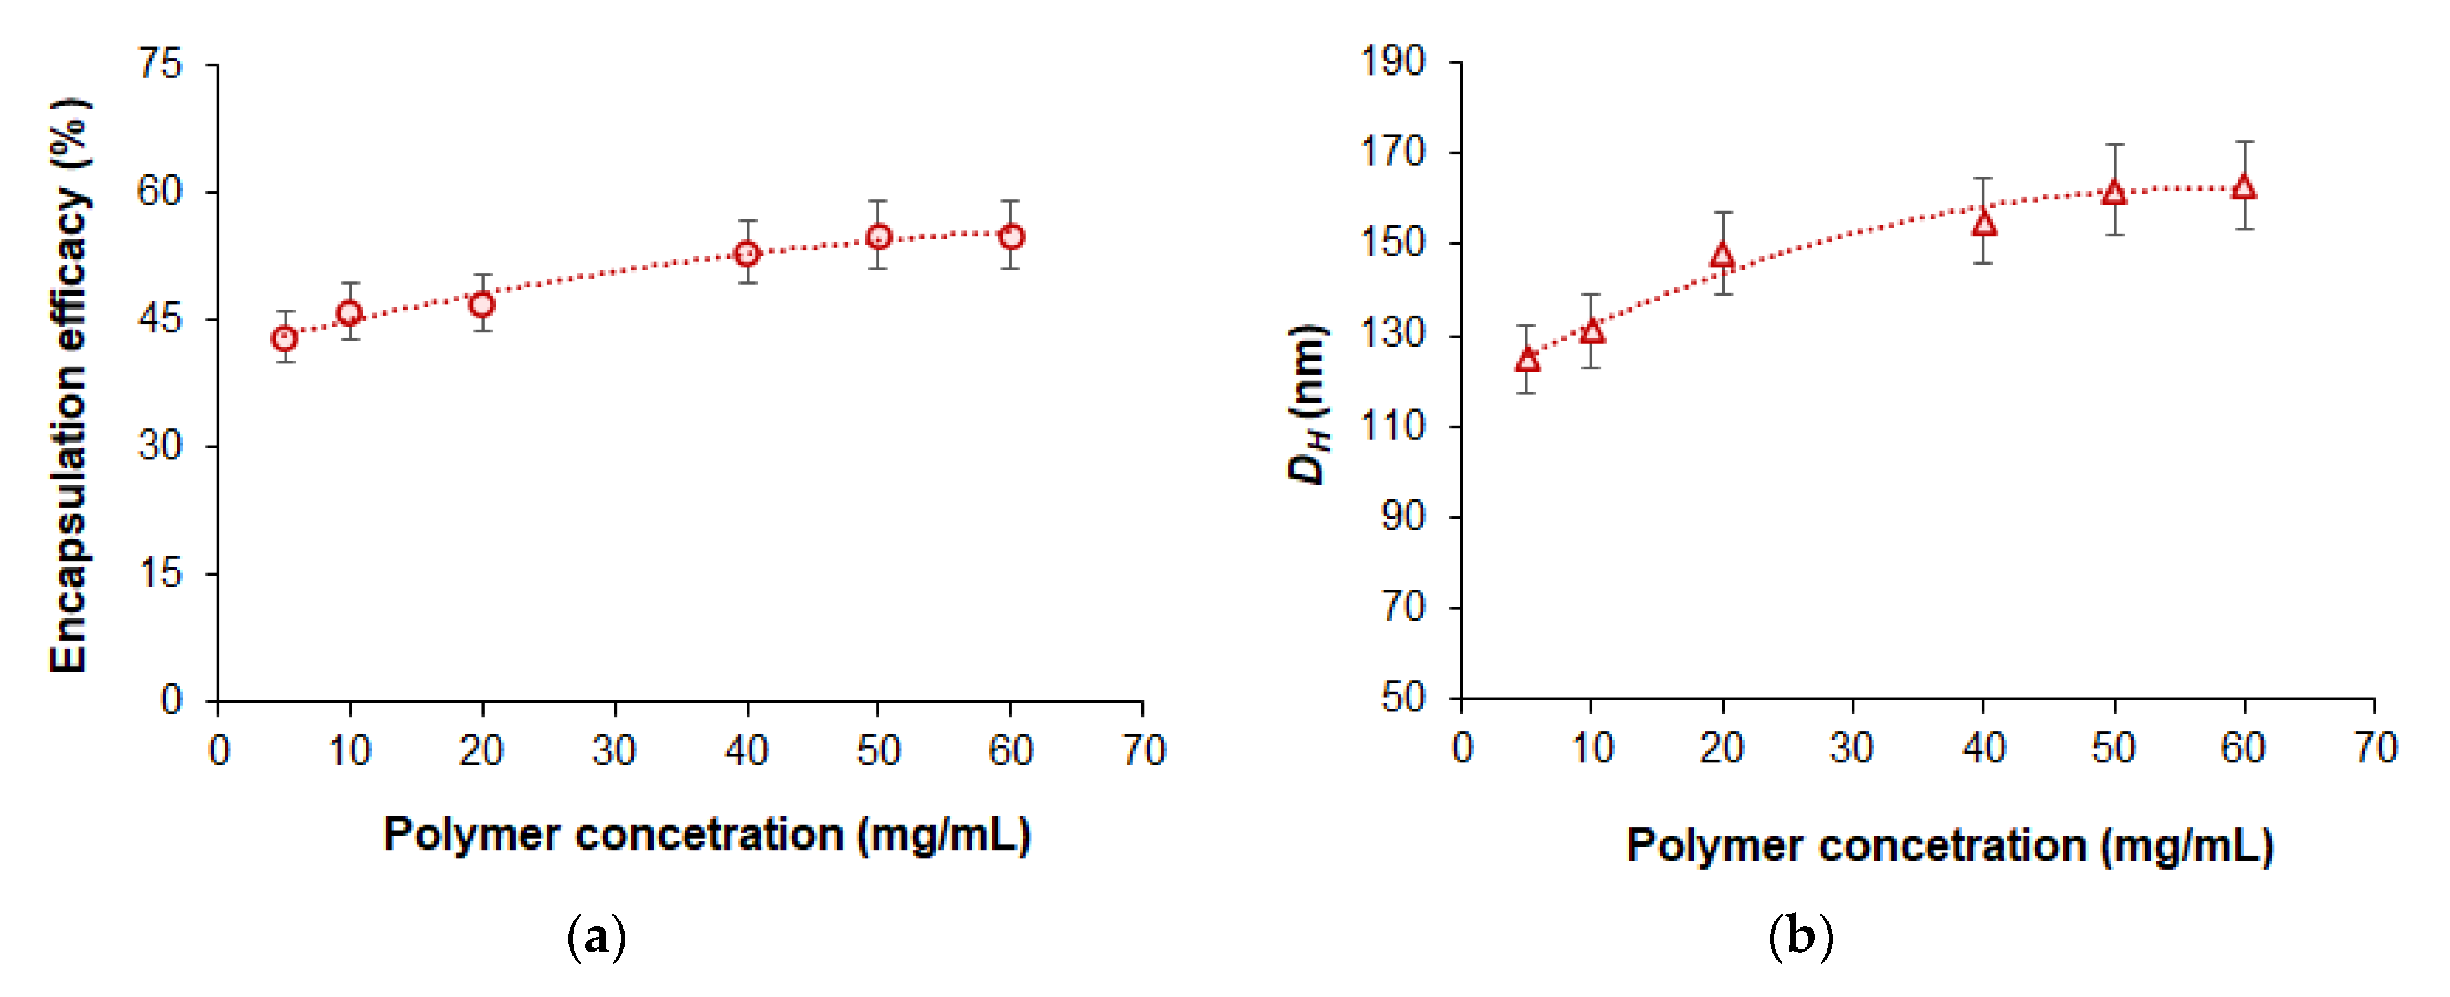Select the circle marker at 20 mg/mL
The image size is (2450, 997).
(482, 305)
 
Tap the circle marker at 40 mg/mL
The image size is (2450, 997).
(748, 253)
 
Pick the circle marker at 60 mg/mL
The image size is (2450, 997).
(1011, 236)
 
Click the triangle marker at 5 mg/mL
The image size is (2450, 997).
(1527, 359)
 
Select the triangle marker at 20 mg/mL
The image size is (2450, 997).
(1722, 256)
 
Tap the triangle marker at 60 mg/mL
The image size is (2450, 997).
(2244, 187)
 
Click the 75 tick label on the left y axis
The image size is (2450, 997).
(160, 65)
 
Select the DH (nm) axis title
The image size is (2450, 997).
(1309, 405)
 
